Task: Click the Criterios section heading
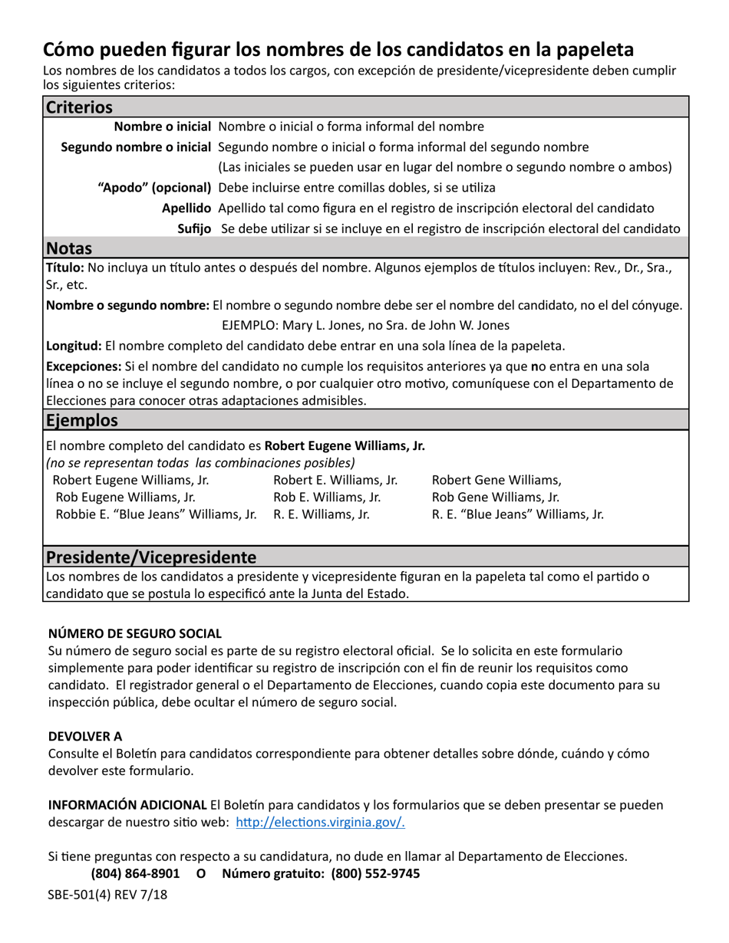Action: [x=79, y=107]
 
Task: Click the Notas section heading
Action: [x=69, y=248]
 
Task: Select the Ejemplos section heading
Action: [x=82, y=420]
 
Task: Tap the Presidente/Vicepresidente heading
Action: [x=151, y=557]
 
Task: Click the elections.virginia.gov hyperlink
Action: [x=321, y=823]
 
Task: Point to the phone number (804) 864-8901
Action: [x=135, y=874]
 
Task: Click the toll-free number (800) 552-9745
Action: [x=375, y=874]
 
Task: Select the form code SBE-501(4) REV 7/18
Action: [x=107, y=895]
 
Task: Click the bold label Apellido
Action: [x=186, y=208]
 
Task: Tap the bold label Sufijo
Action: [x=194, y=228]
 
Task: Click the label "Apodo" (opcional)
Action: [x=155, y=187]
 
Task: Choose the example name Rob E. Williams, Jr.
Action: [x=327, y=497]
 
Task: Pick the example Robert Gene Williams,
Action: [x=496, y=480]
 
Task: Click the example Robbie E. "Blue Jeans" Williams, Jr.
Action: [x=156, y=514]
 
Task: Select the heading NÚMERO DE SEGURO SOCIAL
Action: [x=135, y=633]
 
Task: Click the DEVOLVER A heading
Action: [x=85, y=736]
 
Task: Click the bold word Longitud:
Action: [x=74, y=346]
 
